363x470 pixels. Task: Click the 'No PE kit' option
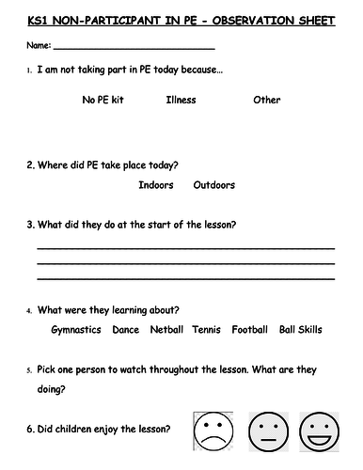click(103, 100)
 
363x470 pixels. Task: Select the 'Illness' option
click(181, 100)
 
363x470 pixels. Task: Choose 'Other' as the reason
click(267, 100)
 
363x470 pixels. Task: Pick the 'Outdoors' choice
click(214, 185)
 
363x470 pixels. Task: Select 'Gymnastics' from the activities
click(76, 330)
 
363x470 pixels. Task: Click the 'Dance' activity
click(125, 330)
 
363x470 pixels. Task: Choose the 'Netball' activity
click(166, 330)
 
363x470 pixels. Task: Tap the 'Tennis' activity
click(206, 330)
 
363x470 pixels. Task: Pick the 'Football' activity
click(250, 330)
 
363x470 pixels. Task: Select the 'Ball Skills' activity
click(301, 330)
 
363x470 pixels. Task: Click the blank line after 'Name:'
click(135, 48)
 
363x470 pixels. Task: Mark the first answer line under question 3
click(185, 248)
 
